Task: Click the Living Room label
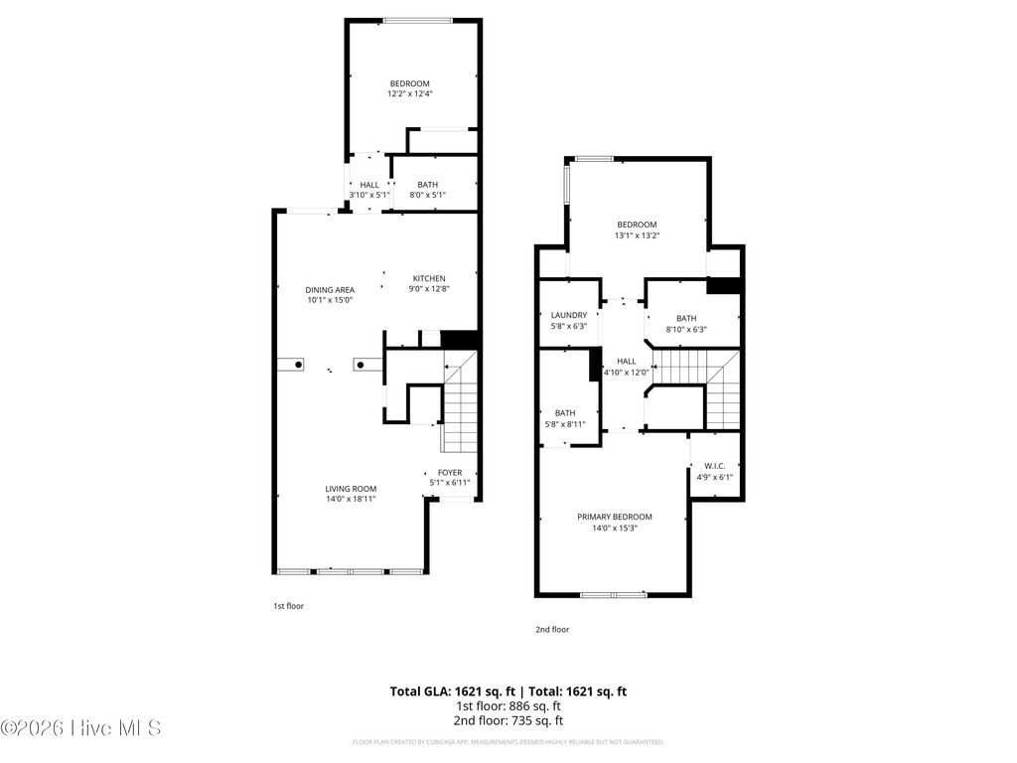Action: pyautogui.click(x=351, y=488)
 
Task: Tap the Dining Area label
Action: pyautogui.click(x=330, y=289)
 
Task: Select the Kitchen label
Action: pyautogui.click(x=429, y=278)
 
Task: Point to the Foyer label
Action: pyautogui.click(x=450, y=473)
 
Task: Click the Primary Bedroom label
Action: pyautogui.click(x=615, y=517)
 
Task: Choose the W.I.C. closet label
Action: pyautogui.click(x=716, y=465)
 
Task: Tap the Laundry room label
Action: pyautogui.click(x=569, y=315)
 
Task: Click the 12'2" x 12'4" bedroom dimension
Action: pyautogui.click(x=410, y=93)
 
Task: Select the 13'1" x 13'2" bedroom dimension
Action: pyautogui.click(x=637, y=235)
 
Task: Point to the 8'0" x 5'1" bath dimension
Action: pyautogui.click(x=427, y=195)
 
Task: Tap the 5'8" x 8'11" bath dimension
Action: pyautogui.click(x=565, y=424)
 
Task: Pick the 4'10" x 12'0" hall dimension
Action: pyautogui.click(x=627, y=373)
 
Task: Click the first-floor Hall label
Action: pyautogui.click(x=369, y=185)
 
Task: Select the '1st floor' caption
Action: pyautogui.click(x=288, y=605)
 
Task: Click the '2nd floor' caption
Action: pyautogui.click(x=553, y=629)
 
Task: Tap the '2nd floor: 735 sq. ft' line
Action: pyautogui.click(x=508, y=720)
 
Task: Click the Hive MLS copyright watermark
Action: pyautogui.click(x=81, y=728)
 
